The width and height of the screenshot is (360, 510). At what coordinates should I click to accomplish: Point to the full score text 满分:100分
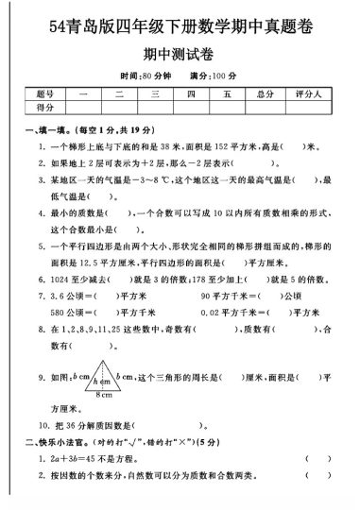pyautogui.click(x=212, y=74)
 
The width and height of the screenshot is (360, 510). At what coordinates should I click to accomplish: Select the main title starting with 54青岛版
pyautogui.click(x=180, y=24)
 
